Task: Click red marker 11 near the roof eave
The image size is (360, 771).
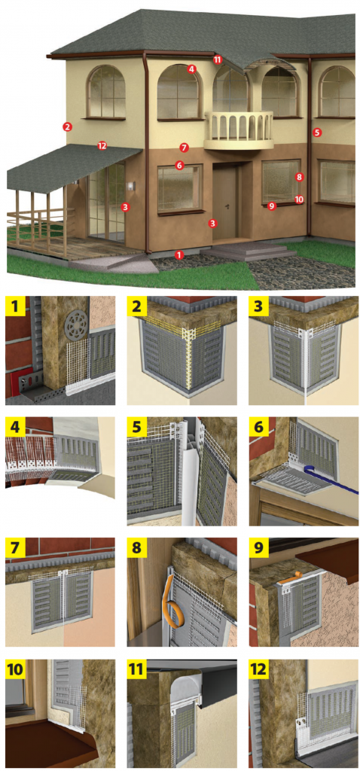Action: coord(218,59)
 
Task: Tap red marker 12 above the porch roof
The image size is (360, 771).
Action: coord(102,145)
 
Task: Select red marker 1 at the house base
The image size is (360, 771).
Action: coord(179,254)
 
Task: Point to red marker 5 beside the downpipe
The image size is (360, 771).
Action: coord(317,133)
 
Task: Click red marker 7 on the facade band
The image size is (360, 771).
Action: coord(184,147)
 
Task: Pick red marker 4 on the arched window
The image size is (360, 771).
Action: coord(192,69)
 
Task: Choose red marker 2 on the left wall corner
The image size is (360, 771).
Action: coord(67,126)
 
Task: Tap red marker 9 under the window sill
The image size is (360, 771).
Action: coord(271,206)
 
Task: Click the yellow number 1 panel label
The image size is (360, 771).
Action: coord(15,307)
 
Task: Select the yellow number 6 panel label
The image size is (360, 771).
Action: coord(258,427)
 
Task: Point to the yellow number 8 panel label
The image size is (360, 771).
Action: coord(137,547)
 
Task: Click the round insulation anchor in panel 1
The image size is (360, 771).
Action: coord(77,328)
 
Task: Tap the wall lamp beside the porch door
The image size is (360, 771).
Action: coord(131,186)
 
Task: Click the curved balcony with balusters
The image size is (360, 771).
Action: coord(239,130)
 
